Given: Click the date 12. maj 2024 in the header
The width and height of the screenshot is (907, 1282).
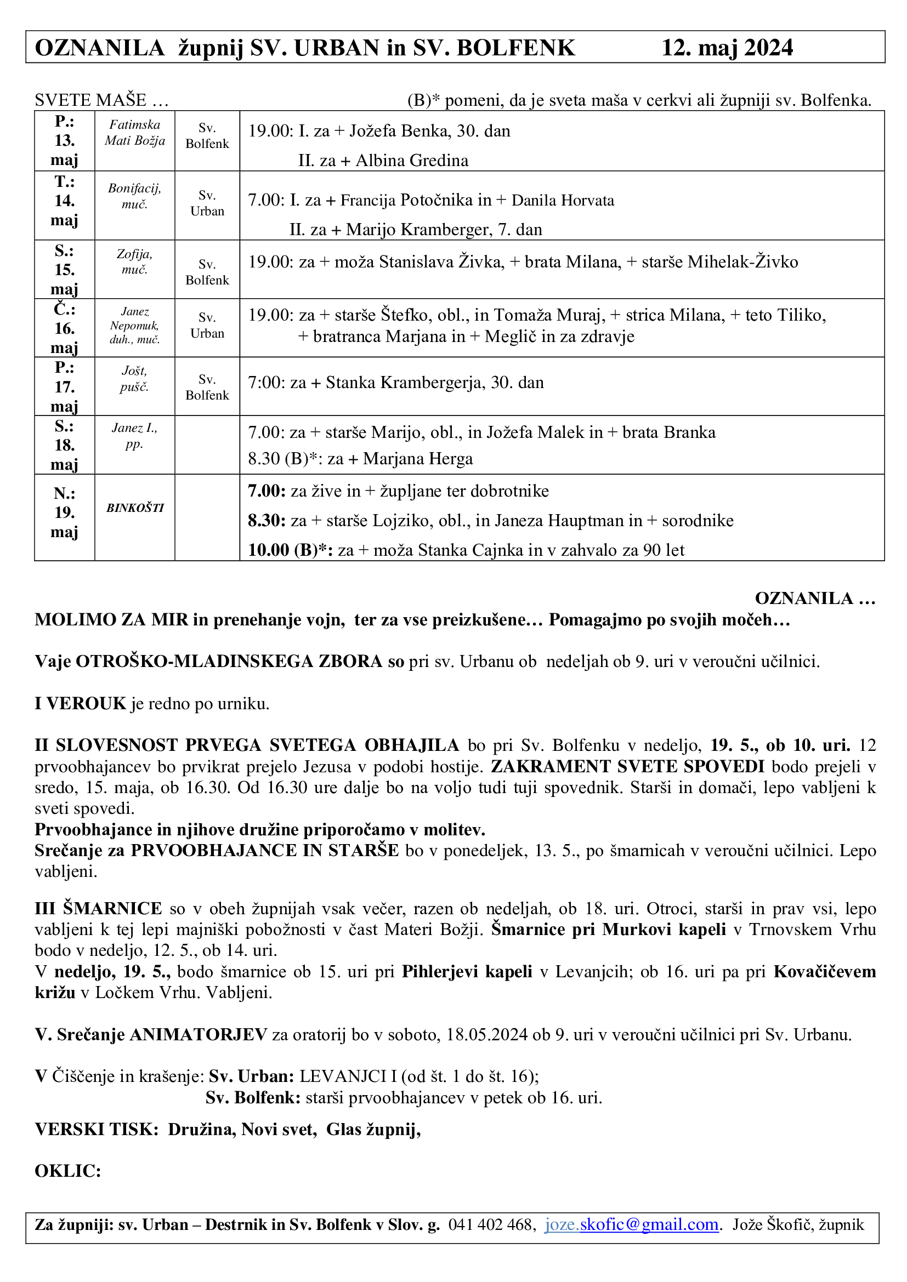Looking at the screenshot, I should [727, 48].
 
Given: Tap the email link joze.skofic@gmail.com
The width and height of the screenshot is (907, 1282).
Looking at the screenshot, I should [631, 1224].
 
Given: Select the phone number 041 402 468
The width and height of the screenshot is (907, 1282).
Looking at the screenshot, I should [491, 1225].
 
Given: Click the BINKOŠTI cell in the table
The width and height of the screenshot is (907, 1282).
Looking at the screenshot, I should [135, 508].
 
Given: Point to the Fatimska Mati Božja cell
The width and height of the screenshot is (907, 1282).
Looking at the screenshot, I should [135, 132].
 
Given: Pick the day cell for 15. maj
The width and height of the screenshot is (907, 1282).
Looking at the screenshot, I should [64, 270].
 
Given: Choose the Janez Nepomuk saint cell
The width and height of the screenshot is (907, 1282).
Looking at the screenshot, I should [134, 326].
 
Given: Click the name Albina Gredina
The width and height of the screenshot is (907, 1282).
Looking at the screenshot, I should [412, 161].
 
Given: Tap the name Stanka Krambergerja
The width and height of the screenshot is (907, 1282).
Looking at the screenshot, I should [405, 383].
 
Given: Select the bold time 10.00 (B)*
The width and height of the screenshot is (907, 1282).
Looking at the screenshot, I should [290, 550].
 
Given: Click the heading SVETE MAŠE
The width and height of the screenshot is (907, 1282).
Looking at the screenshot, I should [90, 100].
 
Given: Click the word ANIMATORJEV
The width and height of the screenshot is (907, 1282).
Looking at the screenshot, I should [199, 1035].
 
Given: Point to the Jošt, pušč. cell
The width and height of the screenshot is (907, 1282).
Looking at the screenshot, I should [134, 379].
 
